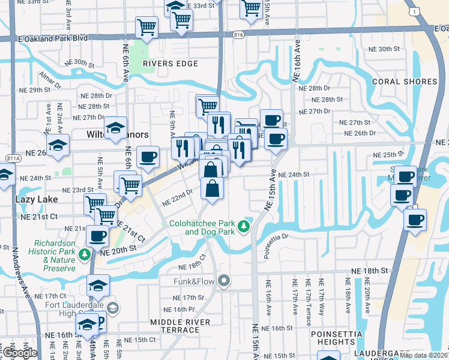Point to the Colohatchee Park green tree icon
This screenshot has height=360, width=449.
point(243,226)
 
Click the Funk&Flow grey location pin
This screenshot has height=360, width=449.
point(224,280)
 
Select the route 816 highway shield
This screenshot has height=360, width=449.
point(239,36)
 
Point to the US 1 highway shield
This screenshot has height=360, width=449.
point(412,11)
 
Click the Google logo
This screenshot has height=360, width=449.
point(19,352)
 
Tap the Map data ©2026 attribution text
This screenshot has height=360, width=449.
point(423,355)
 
